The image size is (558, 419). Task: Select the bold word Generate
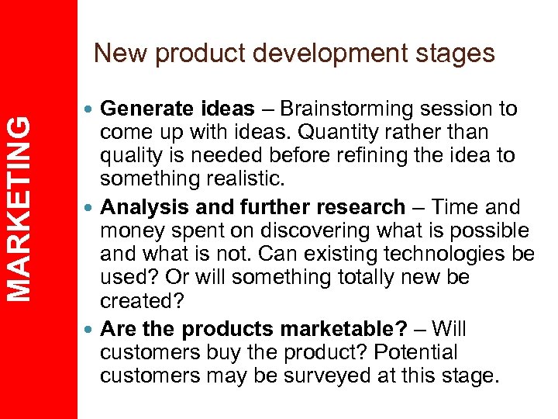coord(139,109)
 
